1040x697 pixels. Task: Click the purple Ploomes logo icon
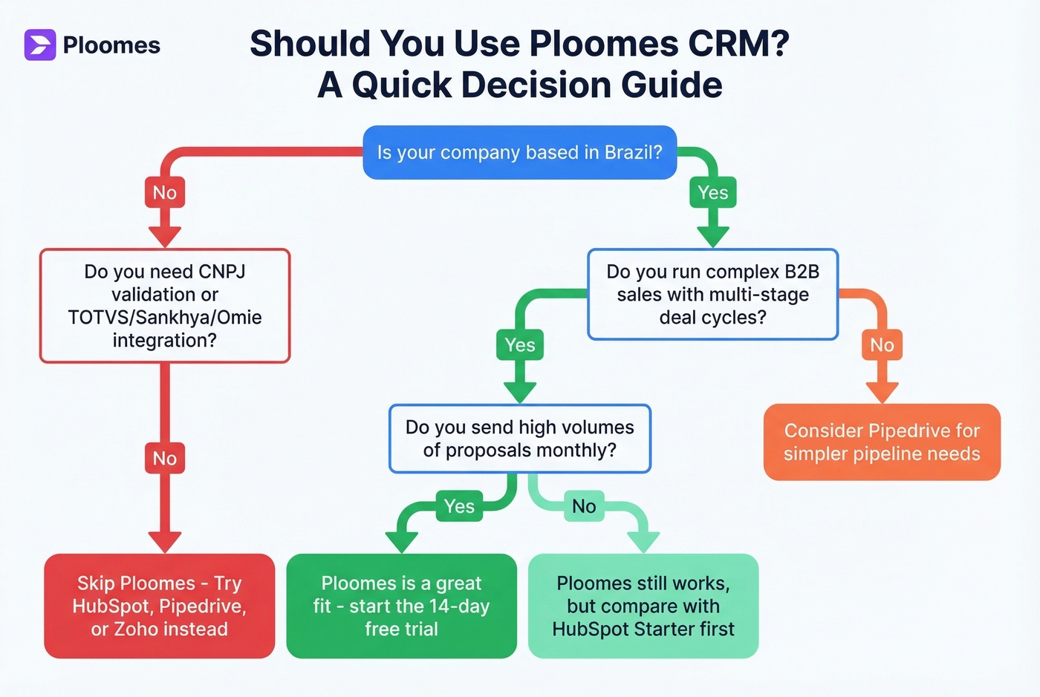pos(40,45)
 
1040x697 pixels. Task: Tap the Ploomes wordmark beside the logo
pos(111,45)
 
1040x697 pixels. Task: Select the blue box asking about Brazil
pos(519,152)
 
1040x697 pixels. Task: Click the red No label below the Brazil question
pos(164,193)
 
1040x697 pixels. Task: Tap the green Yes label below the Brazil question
pos(712,193)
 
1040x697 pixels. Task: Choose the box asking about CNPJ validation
pos(164,306)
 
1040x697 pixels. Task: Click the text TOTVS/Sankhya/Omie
pos(164,318)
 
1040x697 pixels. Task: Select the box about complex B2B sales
pos(712,295)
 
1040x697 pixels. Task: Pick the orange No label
pos(882,345)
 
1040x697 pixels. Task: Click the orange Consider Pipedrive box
pos(882,442)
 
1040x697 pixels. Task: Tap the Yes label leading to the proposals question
pos(519,345)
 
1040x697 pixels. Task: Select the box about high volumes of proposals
pos(519,439)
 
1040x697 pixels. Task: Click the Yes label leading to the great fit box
pos(459,506)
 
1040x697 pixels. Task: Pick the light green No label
pos(584,506)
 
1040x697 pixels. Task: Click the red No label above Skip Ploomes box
pos(164,459)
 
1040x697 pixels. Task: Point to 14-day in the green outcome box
pos(459,606)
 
